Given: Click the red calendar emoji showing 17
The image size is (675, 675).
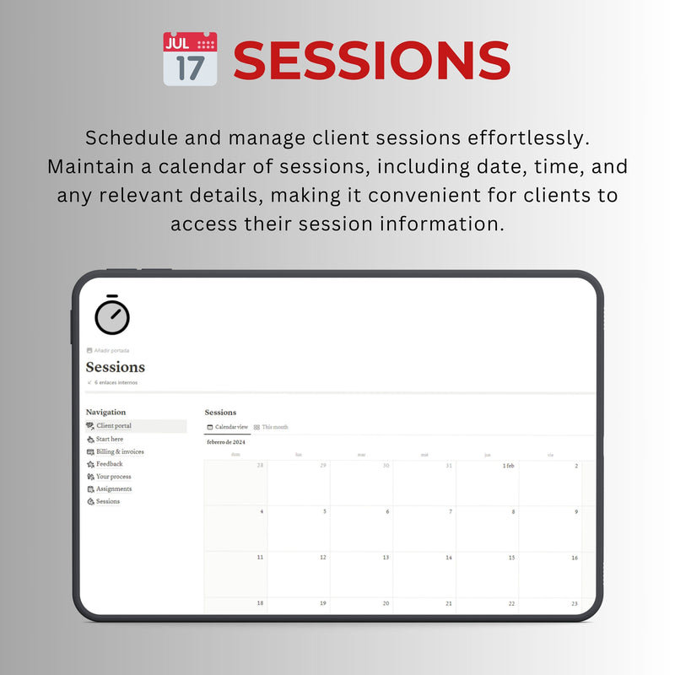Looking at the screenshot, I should click(190, 58).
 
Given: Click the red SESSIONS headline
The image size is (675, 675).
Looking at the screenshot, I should click(371, 61).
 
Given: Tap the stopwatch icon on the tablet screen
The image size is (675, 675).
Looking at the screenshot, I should click(112, 315).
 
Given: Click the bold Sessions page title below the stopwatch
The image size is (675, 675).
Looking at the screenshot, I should click(116, 367).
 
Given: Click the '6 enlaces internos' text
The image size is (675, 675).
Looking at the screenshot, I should click(116, 382).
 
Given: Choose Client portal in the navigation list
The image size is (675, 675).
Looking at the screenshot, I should click(113, 426).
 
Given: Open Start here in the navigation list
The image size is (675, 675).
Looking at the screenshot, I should click(109, 439).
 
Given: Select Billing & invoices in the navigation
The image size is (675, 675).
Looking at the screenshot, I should click(119, 451).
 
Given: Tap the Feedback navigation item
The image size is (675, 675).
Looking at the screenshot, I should click(109, 464).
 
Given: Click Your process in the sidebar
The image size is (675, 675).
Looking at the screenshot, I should click(113, 477).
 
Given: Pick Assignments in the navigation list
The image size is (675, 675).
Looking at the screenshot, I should click(113, 489).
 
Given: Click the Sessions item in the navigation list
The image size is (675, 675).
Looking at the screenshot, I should click(107, 501).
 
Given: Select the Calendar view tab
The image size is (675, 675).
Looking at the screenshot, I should click(230, 427).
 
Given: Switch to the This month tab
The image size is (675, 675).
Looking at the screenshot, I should click(274, 427).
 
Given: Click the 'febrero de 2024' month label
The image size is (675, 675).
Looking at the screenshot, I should click(226, 441).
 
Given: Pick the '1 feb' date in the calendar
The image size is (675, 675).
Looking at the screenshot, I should click(508, 466).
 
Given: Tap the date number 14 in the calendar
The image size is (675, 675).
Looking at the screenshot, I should click(449, 558).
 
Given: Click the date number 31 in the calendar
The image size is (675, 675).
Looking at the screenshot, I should click(449, 466).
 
